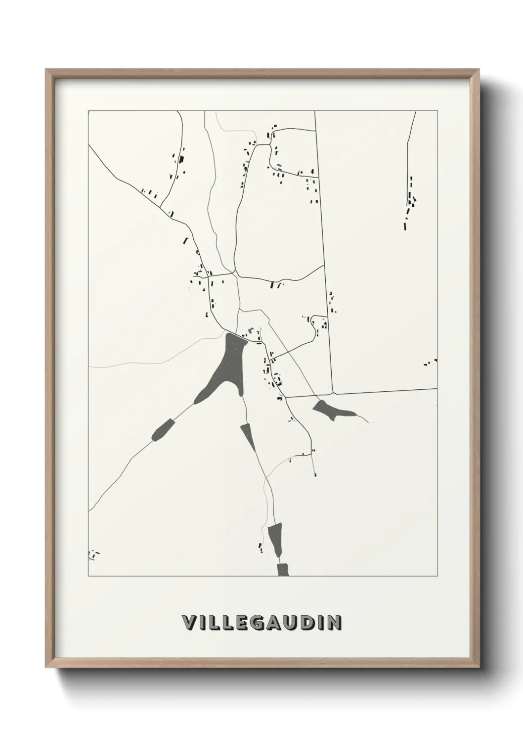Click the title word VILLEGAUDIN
coord(261,622)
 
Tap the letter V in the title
coord(188,622)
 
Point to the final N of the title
coord(335,622)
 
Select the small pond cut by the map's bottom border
coord(283,570)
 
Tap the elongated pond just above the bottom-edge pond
coord(275,539)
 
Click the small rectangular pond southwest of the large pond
coord(163,429)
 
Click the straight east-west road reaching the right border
coord(386,391)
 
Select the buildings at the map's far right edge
coord(430,363)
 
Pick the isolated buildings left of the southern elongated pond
coord(260,548)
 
